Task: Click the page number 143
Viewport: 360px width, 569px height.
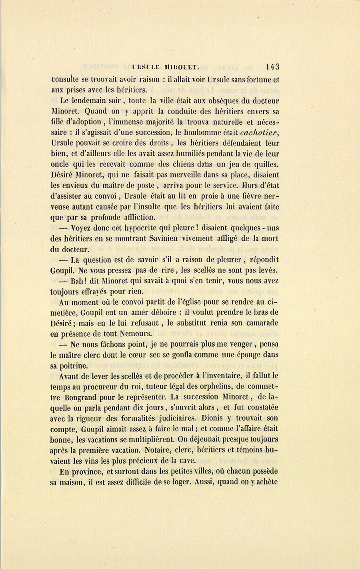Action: pos(272,67)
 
